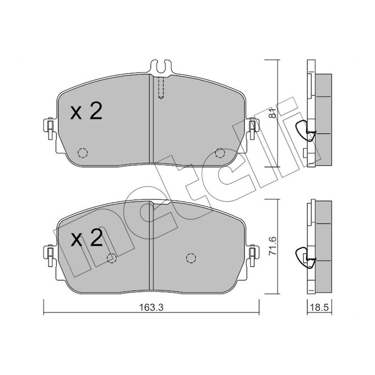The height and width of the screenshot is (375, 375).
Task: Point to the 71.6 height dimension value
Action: point(273,247)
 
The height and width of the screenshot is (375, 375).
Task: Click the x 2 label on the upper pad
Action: point(86,112)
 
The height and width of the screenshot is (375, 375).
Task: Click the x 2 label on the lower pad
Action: point(86,238)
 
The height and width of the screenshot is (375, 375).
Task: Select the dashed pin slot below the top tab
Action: point(161,88)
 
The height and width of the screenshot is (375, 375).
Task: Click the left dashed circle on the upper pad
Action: point(82,153)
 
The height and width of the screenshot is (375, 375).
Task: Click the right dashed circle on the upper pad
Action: point(220,153)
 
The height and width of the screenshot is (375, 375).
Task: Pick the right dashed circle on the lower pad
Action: point(191,258)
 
